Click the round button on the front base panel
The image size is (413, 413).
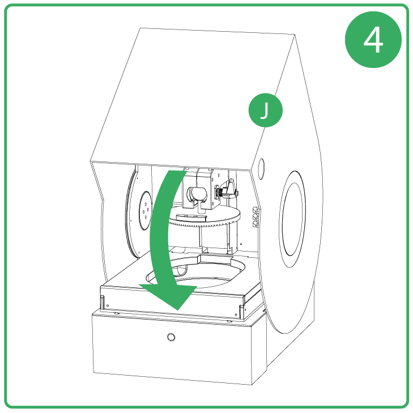[171, 338]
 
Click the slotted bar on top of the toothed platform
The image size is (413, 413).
[193, 216]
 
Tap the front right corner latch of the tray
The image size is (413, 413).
[242, 310]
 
